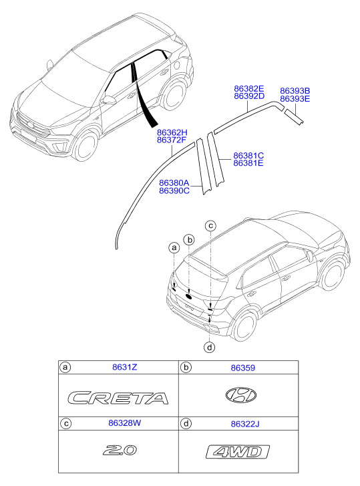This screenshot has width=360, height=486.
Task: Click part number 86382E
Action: tap(249, 89)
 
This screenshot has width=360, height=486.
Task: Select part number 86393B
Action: tap(295, 91)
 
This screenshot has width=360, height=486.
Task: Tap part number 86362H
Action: tap(172, 132)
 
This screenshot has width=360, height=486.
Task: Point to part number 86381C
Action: tap(248, 156)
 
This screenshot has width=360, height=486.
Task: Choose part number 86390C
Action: tap(174, 191)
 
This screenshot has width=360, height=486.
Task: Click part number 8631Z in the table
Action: tap(124, 367)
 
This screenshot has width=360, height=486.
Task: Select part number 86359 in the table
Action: tap(243, 368)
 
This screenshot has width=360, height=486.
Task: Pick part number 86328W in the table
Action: tap(124, 423)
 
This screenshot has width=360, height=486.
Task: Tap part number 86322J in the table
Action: tap(245, 424)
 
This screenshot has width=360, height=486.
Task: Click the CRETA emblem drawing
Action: tap(118, 398)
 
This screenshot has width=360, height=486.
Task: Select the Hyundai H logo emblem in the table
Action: tap(241, 395)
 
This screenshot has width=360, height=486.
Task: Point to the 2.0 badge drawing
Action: tap(120, 450)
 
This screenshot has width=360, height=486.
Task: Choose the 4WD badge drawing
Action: tap(238, 452)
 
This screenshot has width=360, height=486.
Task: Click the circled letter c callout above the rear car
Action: tap(210, 226)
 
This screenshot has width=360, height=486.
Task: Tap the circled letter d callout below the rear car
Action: tap(210, 347)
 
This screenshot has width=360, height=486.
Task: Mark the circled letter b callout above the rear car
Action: tap(189, 239)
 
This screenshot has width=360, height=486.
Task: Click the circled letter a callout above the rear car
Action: tap(174, 247)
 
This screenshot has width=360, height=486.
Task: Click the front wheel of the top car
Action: tap(85, 146)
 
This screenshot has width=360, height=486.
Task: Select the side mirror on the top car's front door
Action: tap(108, 100)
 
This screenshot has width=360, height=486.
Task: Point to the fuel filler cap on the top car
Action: tap(177, 66)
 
